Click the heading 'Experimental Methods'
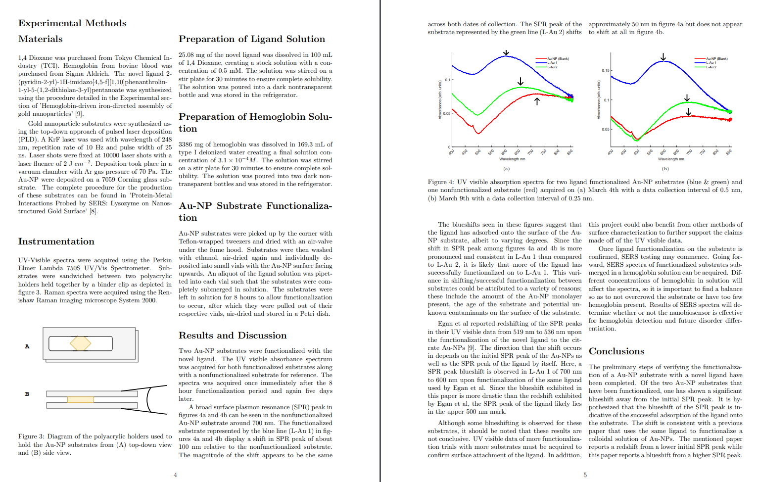tap(72, 23)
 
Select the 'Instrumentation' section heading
tap(56, 241)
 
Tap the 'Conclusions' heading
tap(616, 351)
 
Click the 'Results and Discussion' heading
tap(233, 336)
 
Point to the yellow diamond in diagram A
tap(80, 343)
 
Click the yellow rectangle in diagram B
tap(80, 399)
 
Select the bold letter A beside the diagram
tap(27, 346)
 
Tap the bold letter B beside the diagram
tap(27, 394)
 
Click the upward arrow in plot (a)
tap(537, 101)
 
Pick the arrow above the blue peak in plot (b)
tap(663, 57)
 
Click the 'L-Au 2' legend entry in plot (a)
tap(552, 67)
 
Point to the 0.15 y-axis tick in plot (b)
tap(606, 70)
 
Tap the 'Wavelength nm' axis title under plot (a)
tap(512, 159)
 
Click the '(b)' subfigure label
tap(665, 169)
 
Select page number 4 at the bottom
tap(175, 475)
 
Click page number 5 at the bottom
tap(585, 475)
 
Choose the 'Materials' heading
tap(41, 39)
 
